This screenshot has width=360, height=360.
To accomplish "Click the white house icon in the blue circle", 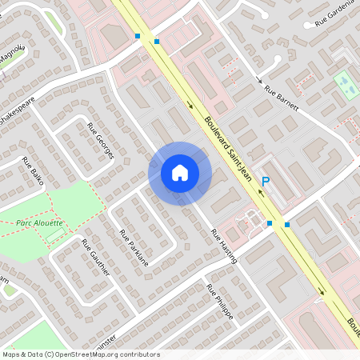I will [x=180, y=173].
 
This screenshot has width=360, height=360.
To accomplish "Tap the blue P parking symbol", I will [x=266, y=182].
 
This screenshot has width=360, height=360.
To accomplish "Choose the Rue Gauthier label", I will [x=95, y=258].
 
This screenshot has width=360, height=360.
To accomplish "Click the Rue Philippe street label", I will [x=219, y=302].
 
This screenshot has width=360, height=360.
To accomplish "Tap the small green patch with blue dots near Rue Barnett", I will [x=344, y=82].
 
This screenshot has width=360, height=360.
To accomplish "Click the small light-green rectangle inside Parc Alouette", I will [x=55, y=236].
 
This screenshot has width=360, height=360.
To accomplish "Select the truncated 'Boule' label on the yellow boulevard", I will [x=353, y=324].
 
